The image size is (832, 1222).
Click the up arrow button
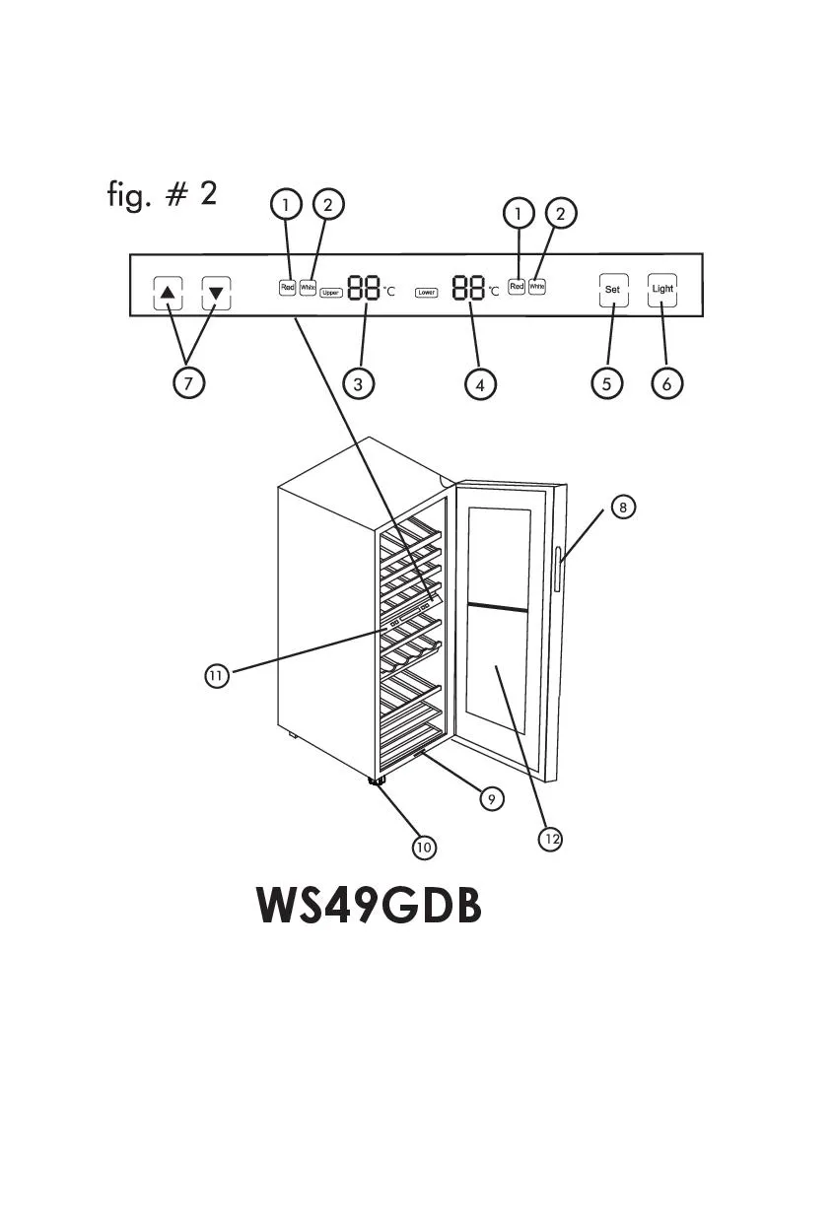[x=169, y=293]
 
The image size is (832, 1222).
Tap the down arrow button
[x=217, y=293]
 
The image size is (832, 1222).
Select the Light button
[x=662, y=290]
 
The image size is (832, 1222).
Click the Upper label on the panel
[x=331, y=293]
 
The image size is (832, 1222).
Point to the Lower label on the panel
[x=426, y=293]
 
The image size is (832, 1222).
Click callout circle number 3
[x=358, y=383]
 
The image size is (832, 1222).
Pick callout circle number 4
[x=480, y=384]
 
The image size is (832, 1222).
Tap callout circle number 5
[x=607, y=383]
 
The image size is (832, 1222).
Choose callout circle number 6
[x=666, y=383]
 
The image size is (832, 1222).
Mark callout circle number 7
[x=188, y=382]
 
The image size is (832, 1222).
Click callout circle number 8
[x=623, y=508]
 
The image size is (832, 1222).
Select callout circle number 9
[x=491, y=798]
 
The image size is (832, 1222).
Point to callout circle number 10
[x=424, y=847]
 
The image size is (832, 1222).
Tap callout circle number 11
[x=217, y=675]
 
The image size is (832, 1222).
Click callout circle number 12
[x=551, y=839]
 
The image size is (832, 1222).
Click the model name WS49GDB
[x=369, y=906]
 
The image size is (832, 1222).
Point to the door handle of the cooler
[x=557, y=570]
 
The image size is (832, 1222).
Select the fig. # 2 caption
[x=162, y=194]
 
